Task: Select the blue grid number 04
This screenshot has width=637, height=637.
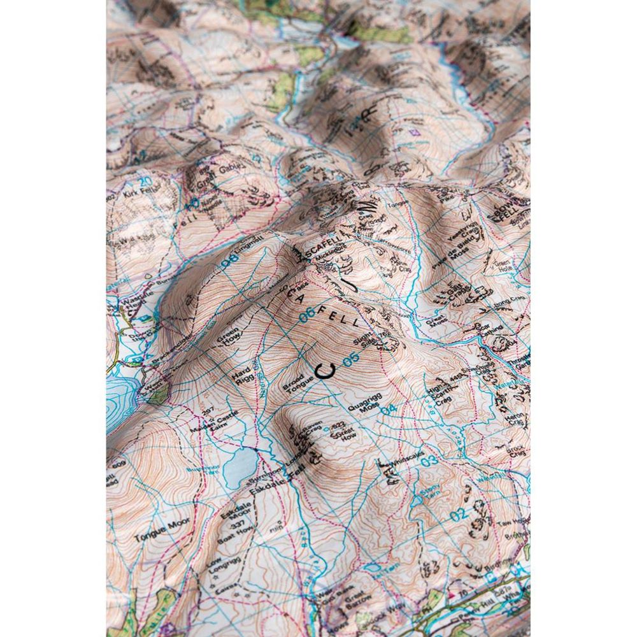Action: click(389, 410)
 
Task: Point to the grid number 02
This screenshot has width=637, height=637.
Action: click(458, 514)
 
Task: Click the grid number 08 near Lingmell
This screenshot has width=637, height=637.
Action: click(229, 261)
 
